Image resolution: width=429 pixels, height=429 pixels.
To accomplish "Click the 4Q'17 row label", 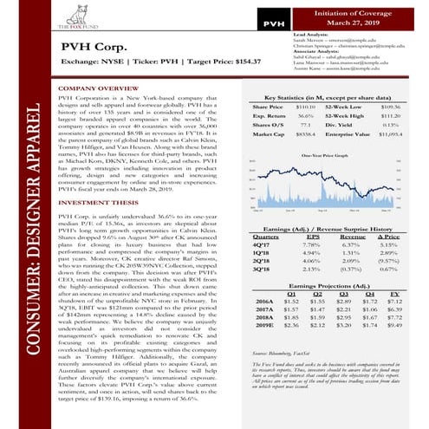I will (x=260, y=244).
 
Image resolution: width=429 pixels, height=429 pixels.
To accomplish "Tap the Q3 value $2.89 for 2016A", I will (x=343, y=302).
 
